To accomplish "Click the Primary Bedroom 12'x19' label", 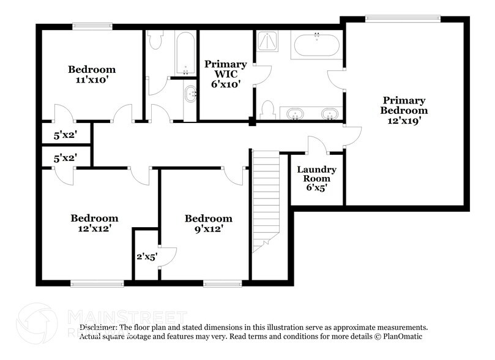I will [x=403, y=110].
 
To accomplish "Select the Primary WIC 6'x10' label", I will [x=226, y=74].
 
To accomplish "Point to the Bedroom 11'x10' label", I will [x=92, y=74].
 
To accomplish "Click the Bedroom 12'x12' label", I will [x=94, y=223].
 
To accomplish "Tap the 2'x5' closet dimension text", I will [x=147, y=257].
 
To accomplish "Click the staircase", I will [x=266, y=199].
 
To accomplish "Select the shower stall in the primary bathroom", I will [x=267, y=40].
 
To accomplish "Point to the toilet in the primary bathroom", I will [x=267, y=111].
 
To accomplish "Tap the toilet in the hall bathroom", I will [x=155, y=40].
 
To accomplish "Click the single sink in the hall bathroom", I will [x=190, y=94].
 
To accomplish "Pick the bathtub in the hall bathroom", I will [x=184, y=53].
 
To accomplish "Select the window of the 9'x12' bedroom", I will [x=222, y=283].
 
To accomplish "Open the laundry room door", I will [x=316, y=146].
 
